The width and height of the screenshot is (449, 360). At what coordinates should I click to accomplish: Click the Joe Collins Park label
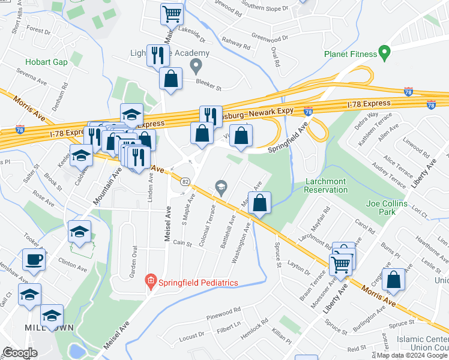pos(387,208)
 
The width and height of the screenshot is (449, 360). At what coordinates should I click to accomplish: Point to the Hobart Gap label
pos(44,62)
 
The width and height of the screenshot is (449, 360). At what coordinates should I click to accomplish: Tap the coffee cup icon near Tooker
pos(34,260)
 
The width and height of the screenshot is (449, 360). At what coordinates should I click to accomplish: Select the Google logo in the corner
pos(20,353)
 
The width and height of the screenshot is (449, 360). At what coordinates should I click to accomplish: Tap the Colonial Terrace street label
pos(211,220)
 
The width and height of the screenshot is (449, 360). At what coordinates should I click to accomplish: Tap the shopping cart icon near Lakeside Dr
pos(172,13)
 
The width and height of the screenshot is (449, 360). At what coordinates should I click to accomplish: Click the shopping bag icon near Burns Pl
pos(393,279)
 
